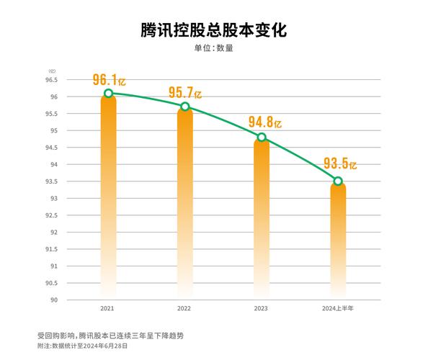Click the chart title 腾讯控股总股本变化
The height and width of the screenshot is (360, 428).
tap(213, 30)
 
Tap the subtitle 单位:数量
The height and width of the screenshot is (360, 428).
tap(213, 49)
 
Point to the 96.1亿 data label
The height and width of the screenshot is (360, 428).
tap(110, 80)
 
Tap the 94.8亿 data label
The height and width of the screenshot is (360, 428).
tap(264, 121)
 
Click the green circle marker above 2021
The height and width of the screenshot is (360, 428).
tap(108, 93)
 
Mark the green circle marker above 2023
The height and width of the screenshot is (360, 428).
tap(262, 137)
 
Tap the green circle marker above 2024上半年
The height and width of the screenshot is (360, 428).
tap(338, 181)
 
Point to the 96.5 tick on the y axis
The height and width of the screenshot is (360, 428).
tap(53, 80)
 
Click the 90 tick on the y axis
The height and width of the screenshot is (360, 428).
tap(55, 300)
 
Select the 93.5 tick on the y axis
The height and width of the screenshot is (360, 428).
tap(53, 181)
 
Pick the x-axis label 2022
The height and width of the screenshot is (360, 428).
tap(184, 308)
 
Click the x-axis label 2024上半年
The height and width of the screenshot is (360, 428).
tap(338, 308)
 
